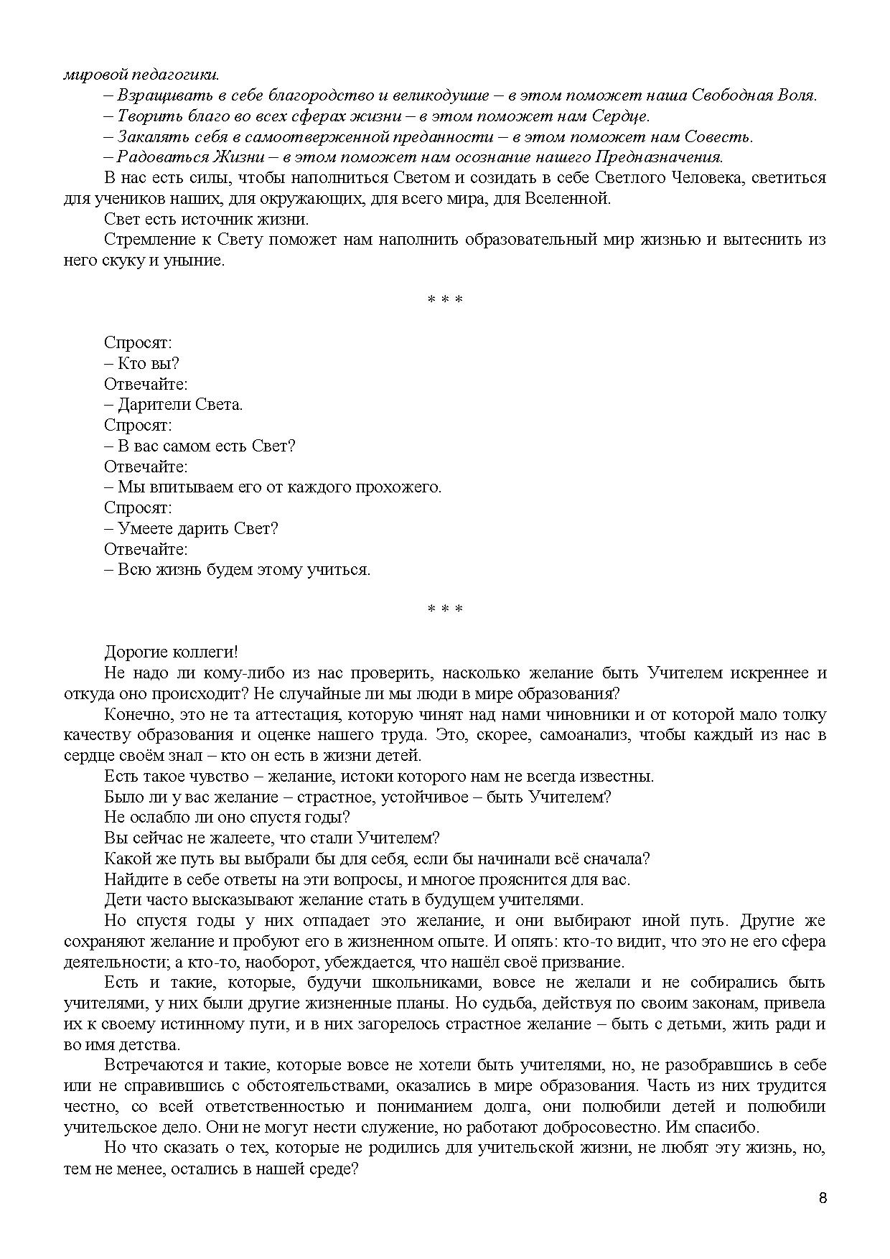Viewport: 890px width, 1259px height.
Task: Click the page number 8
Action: pyautogui.click(x=823, y=1198)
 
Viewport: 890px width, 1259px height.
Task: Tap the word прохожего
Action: pyautogui.click(x=398, y=487)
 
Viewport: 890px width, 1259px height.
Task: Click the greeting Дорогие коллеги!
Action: pyautogui.click(x=171, y=652)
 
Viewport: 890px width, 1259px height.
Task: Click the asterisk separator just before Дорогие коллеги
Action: pyautogui.click(x=444, y=610)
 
